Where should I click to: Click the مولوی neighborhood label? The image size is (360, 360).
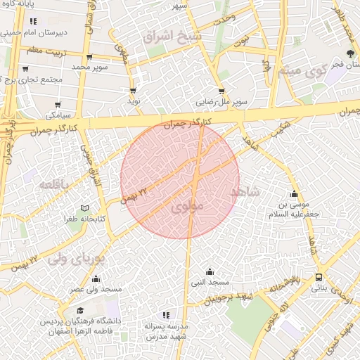click(186, 207)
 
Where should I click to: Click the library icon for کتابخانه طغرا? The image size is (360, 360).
click(84, 209)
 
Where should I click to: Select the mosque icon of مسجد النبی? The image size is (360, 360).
click(210, 271)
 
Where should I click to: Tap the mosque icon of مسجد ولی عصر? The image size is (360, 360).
click(96, 278)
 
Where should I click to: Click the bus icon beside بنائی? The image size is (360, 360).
click(319, 277)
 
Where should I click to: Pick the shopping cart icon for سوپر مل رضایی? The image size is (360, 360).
click(221, 91)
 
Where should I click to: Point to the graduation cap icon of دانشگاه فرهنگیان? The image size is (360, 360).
click(80, 310)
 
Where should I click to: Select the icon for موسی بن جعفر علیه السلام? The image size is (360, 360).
click(294, 194)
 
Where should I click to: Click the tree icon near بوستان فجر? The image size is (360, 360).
click(351, 53)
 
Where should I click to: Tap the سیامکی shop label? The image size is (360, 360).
click(58, 112)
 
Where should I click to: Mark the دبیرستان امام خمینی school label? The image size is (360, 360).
click(43, 32)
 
